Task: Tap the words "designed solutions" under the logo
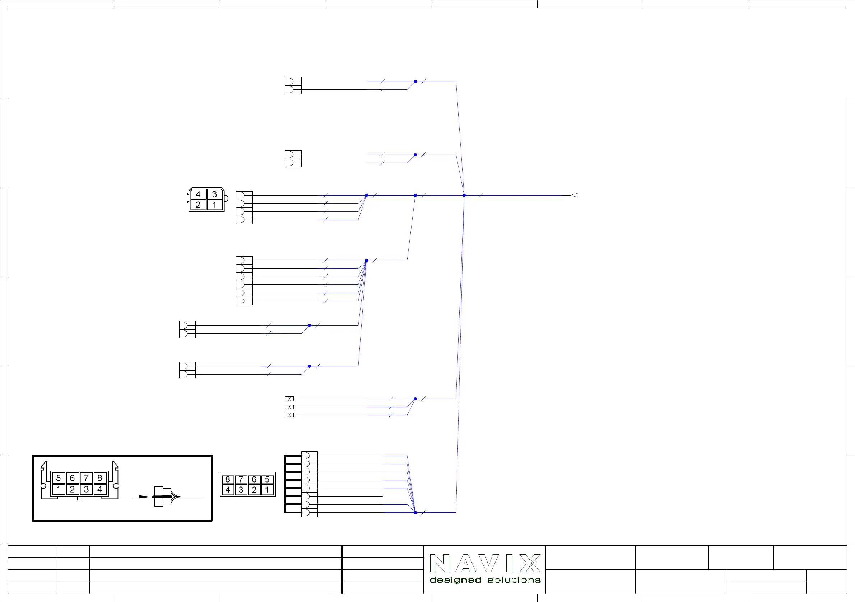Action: click(x=485, y=580)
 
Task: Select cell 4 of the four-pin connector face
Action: click(x=198, y=194)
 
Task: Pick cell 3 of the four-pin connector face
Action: click(x=214, y=194)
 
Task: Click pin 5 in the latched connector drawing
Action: click(x=59, y=478)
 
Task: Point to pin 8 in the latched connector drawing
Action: click(x=100, y=478)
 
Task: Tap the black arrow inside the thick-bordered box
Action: click(x=141, y=497)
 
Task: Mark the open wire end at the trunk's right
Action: click(x=574, y=195)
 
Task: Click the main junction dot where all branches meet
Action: click(x=464, y=195)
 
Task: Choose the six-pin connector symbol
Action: click(x=244, y=281)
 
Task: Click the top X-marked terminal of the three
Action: click(x=289, y=399)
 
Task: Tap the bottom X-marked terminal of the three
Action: click(x=289, y=415)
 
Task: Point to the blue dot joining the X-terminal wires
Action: click(x=415, y=399)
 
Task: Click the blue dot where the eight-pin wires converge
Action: click(x=415, y=512)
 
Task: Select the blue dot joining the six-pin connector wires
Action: click(x=366, y=260)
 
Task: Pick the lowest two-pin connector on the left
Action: click(x=187, y=370)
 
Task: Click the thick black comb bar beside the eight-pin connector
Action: click(x=286, y=484)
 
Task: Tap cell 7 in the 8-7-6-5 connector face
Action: click(x=241, y=479)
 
